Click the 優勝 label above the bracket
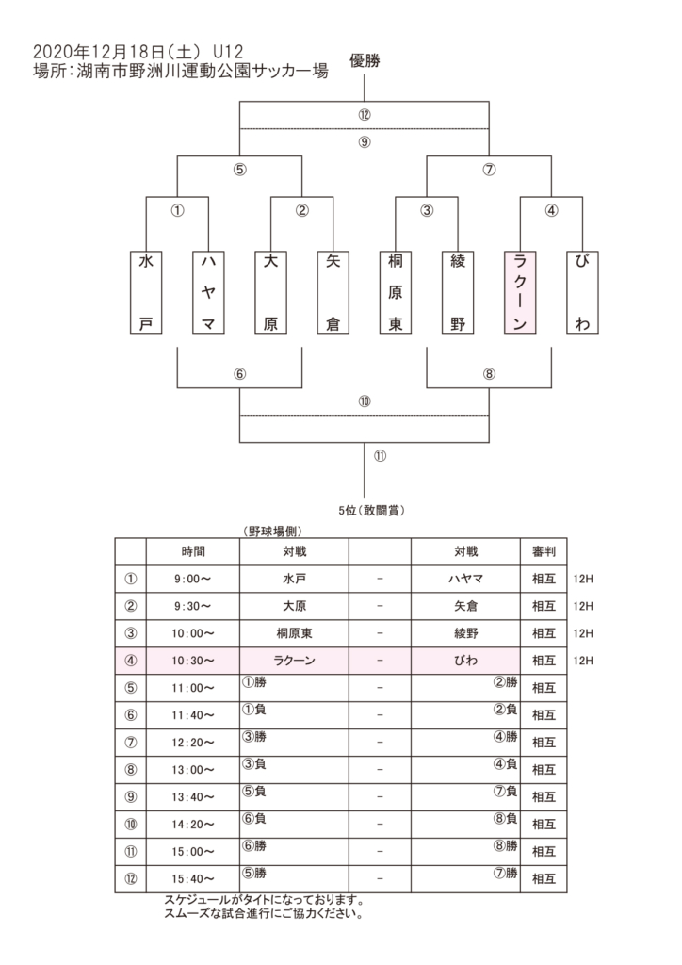coord(365,61)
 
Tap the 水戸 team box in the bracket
coord(145,292)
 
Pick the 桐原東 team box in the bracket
coord(396,292)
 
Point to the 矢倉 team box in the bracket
coord(333,292)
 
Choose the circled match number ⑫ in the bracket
coord(365,115)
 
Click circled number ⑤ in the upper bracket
coord(239,172)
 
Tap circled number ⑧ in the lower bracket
coord(489,373)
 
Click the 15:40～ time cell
coord(193,878)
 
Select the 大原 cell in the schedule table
coord(294,606)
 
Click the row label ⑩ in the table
coord(130,824)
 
